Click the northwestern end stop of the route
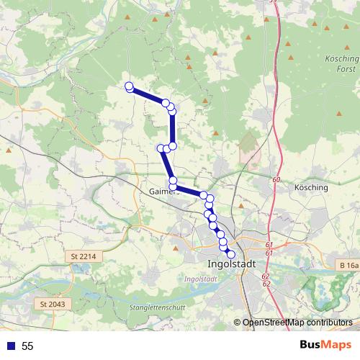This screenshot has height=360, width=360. click(x=130, y=87)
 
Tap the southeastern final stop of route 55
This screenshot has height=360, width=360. click(x=231, y=254)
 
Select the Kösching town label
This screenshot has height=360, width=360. click(x=311, y=188)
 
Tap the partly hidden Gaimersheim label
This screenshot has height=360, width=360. click(x=162, y=192)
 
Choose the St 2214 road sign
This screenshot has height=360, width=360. click(x=84, y=256)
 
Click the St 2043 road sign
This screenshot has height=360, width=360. click(x=53, y=305)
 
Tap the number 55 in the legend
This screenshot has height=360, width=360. click(x=27, y=346)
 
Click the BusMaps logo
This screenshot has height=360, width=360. click(x=325, y=346)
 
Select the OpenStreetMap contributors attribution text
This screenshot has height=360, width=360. click(x=297, y=323)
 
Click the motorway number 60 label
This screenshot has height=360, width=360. click(x=276, y=179)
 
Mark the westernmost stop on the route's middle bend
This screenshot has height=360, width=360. click(x=161, y=148)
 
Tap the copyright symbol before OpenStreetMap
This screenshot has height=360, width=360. click(x=237, y=323)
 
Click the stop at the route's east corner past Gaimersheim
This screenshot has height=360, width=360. click(x=204, y=196)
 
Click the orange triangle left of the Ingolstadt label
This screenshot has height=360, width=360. click(x=176, y=247)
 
